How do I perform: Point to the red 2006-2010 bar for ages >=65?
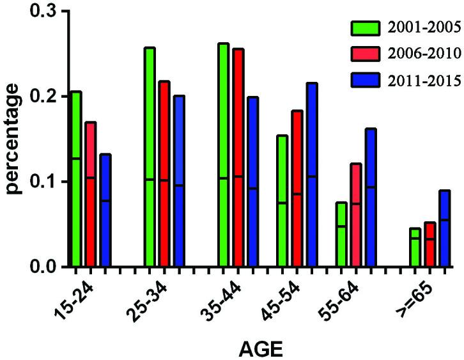pos(429,244)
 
